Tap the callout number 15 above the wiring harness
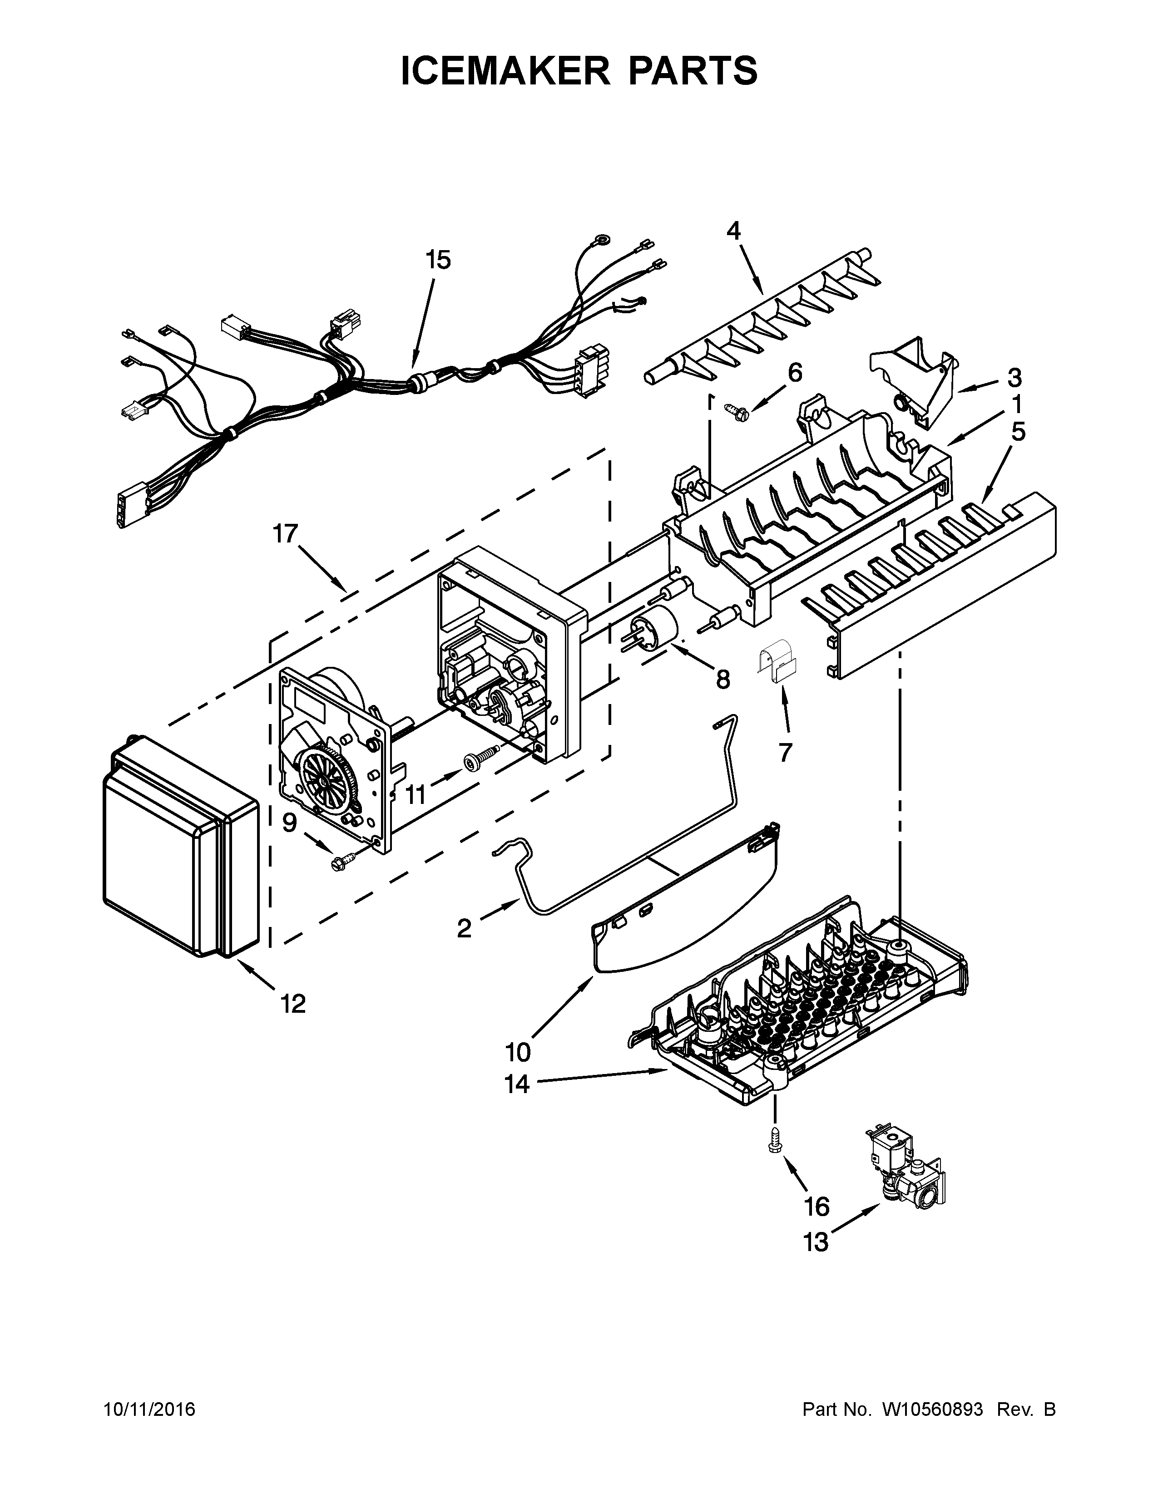pos(438,260)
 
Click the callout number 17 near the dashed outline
pos(286,534)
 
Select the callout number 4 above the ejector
pos(733,231)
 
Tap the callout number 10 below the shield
pos(518,1051)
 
